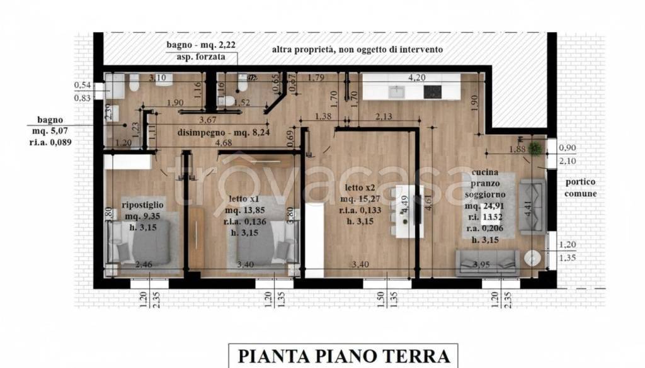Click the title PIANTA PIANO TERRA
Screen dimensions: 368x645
tap(344, 356)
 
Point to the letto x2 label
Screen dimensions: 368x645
tap(361, 187)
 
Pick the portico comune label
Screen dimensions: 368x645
tap(580, 187)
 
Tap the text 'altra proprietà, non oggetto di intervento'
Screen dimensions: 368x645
tap(357, 49)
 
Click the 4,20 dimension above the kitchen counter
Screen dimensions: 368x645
tap(416, 78)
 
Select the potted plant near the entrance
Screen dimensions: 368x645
tap(535, 149)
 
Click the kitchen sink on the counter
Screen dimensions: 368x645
tap(398, 91)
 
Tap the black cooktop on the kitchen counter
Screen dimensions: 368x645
tap(433, 91)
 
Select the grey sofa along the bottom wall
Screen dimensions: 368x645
tap(488, 262)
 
